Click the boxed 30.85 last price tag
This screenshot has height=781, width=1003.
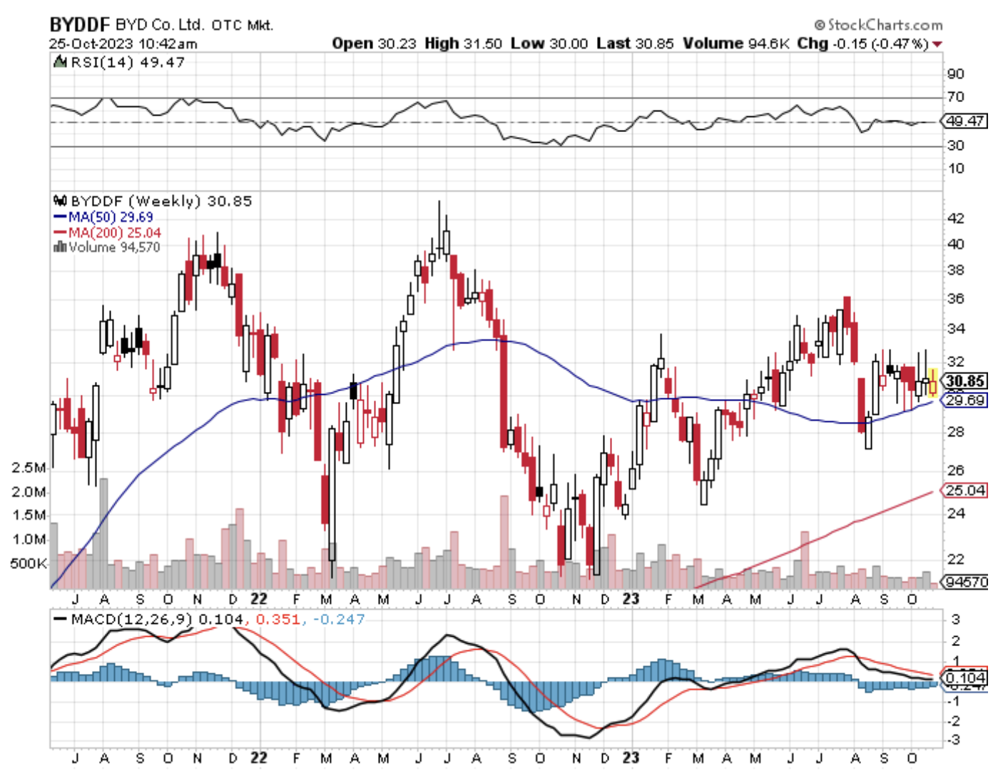point(965,381)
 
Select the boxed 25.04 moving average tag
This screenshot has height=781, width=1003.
point(965,490)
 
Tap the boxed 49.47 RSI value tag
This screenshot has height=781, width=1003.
point(965,121)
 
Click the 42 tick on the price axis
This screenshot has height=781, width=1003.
point(955,218)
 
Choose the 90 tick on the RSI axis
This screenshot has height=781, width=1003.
point(955,74)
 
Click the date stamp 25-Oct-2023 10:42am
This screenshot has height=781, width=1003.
point(123,44)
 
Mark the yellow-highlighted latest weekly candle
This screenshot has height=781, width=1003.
point(932,383)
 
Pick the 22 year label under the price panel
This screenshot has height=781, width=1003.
point(259,599)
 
